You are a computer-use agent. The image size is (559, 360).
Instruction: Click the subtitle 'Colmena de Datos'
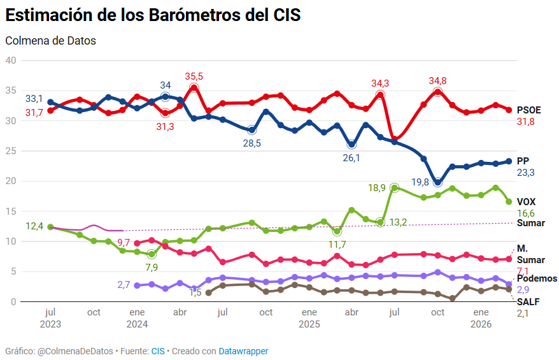[x=50, y=41]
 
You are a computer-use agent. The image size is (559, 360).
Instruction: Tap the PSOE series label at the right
[x=528, y=110]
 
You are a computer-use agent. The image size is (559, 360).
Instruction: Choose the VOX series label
[x=526, y=201]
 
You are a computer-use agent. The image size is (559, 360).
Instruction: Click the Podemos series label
[x=537, y=278]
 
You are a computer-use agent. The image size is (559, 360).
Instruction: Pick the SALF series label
[x=528, y=302]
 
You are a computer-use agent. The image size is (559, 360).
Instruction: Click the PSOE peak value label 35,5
[x=194, y=76]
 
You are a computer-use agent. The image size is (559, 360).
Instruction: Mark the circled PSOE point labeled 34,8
[x=438, y=92]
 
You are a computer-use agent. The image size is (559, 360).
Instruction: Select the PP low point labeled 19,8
[x=437, y=182]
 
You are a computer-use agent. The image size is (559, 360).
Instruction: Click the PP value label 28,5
[x=252, y=143]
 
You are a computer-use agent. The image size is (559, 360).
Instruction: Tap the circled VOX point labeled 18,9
[x=395, y=188]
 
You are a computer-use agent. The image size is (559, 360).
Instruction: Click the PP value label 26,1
[x=351, y=157]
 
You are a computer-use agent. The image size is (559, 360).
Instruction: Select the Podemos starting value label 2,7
[x=124, y=285]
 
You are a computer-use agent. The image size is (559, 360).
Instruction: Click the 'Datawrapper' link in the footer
[x=243, y=351]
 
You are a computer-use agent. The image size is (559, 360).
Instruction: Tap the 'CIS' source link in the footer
[x=158, y=351]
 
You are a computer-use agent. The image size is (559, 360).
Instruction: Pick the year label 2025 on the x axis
[x=309, y=324]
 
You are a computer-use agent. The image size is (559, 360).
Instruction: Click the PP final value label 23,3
[x=526, y=173]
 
